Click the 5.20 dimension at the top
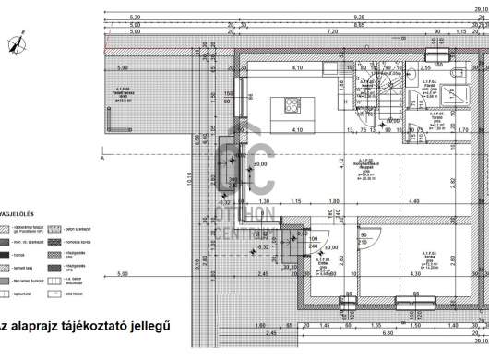click(x=135, y=17)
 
